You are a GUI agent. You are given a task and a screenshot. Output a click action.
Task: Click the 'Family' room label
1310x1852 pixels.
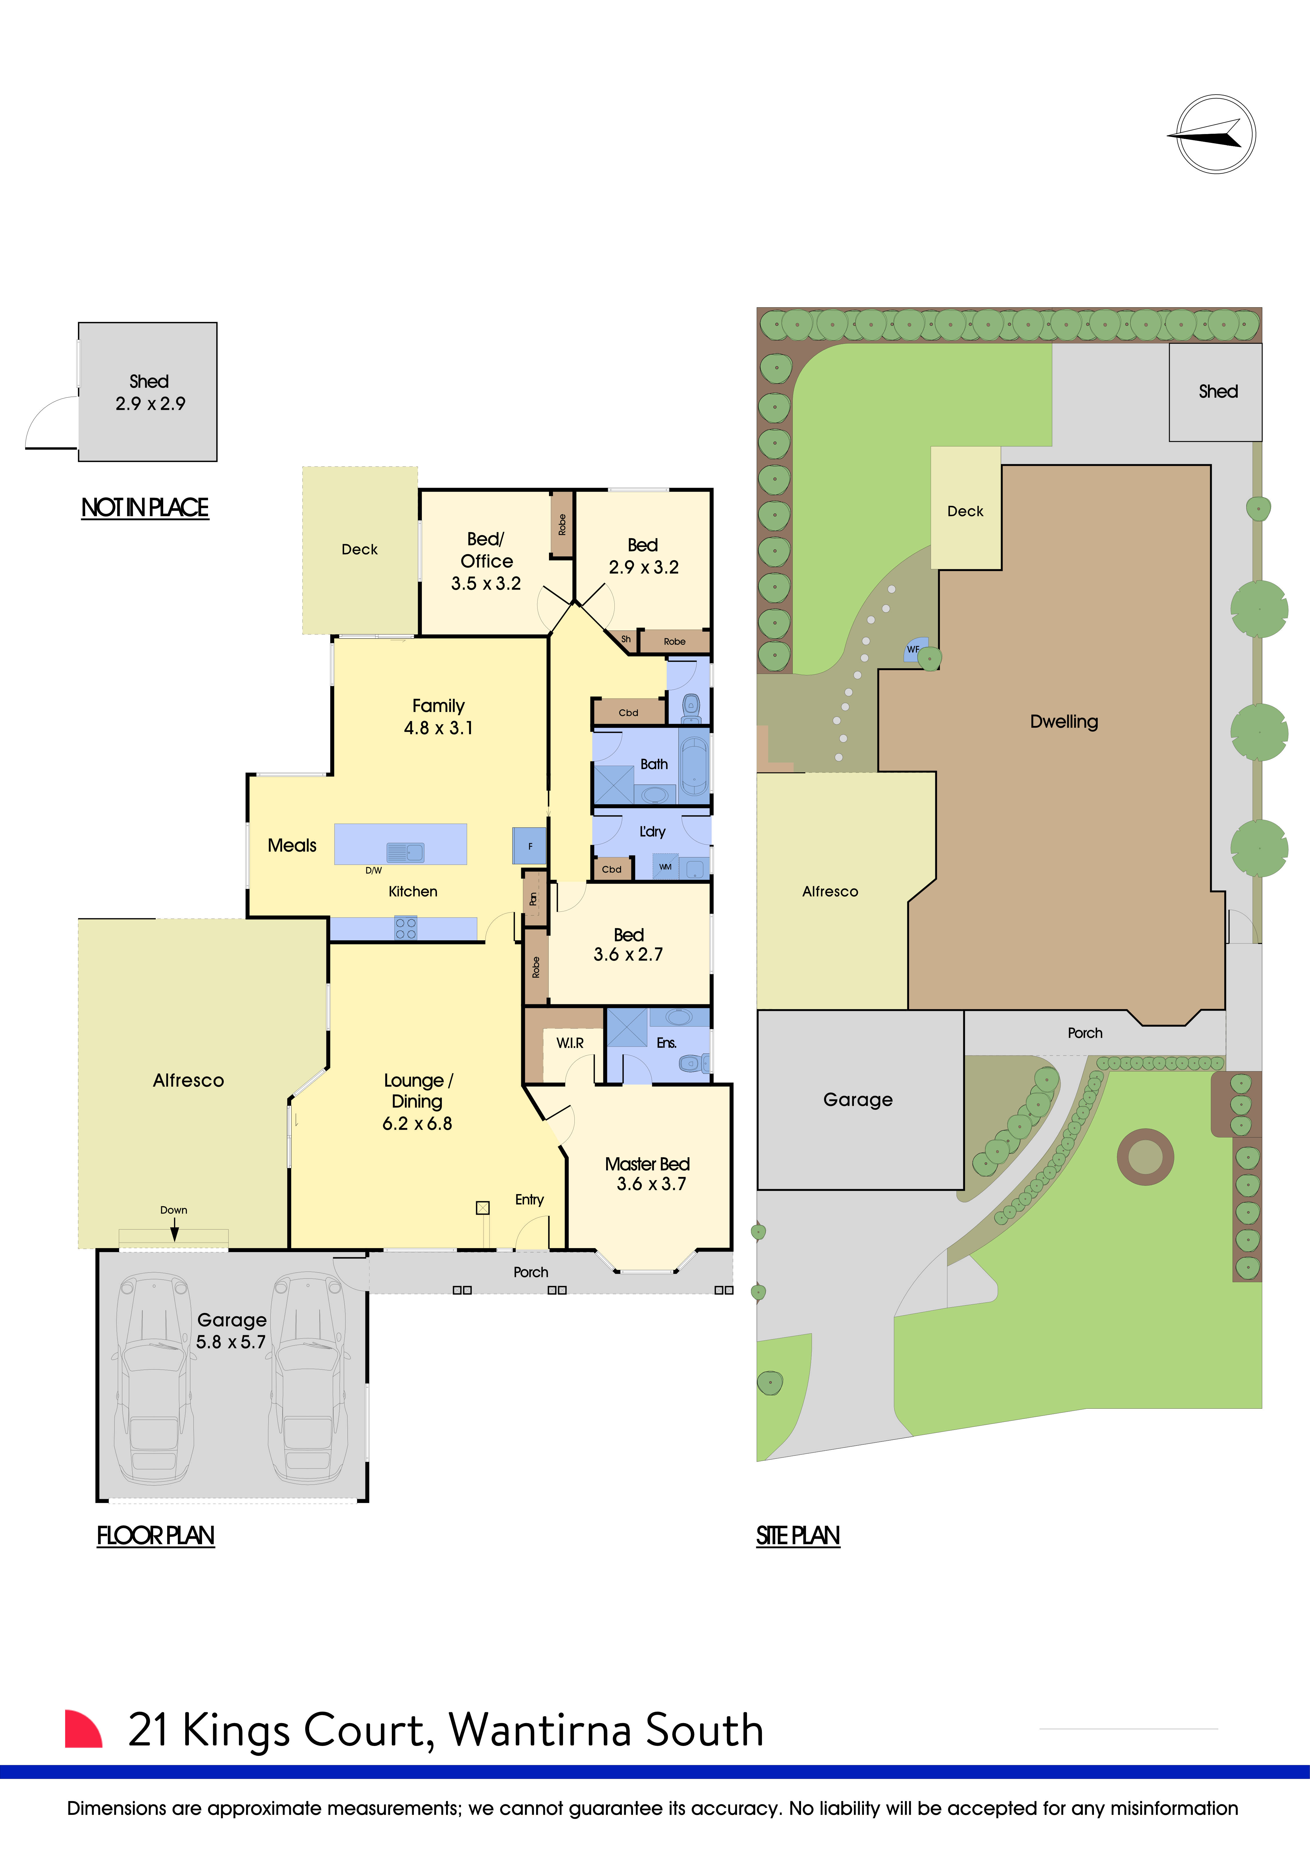[x=438, y=706]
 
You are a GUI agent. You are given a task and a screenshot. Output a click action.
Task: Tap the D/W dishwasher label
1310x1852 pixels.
[x=374, y=870]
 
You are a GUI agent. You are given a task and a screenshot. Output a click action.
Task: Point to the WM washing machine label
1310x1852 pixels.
[x=666, y=867]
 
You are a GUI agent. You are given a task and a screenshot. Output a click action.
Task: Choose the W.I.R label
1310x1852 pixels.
[x=570, y=1043]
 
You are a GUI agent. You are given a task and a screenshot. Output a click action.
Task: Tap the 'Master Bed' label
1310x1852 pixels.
[x=647, y=1164]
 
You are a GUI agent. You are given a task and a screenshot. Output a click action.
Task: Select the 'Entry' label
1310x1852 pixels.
[x=529, y=1200]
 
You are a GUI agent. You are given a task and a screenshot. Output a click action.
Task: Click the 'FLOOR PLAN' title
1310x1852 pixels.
[x=156, y=1536]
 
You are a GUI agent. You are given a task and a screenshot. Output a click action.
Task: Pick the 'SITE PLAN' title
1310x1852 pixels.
[x=798, y=1536]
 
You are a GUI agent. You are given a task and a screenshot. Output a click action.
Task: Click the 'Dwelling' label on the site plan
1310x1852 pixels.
[x=1064, y=722]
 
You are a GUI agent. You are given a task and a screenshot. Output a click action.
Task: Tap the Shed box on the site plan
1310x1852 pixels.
[x=1216, y=392]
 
